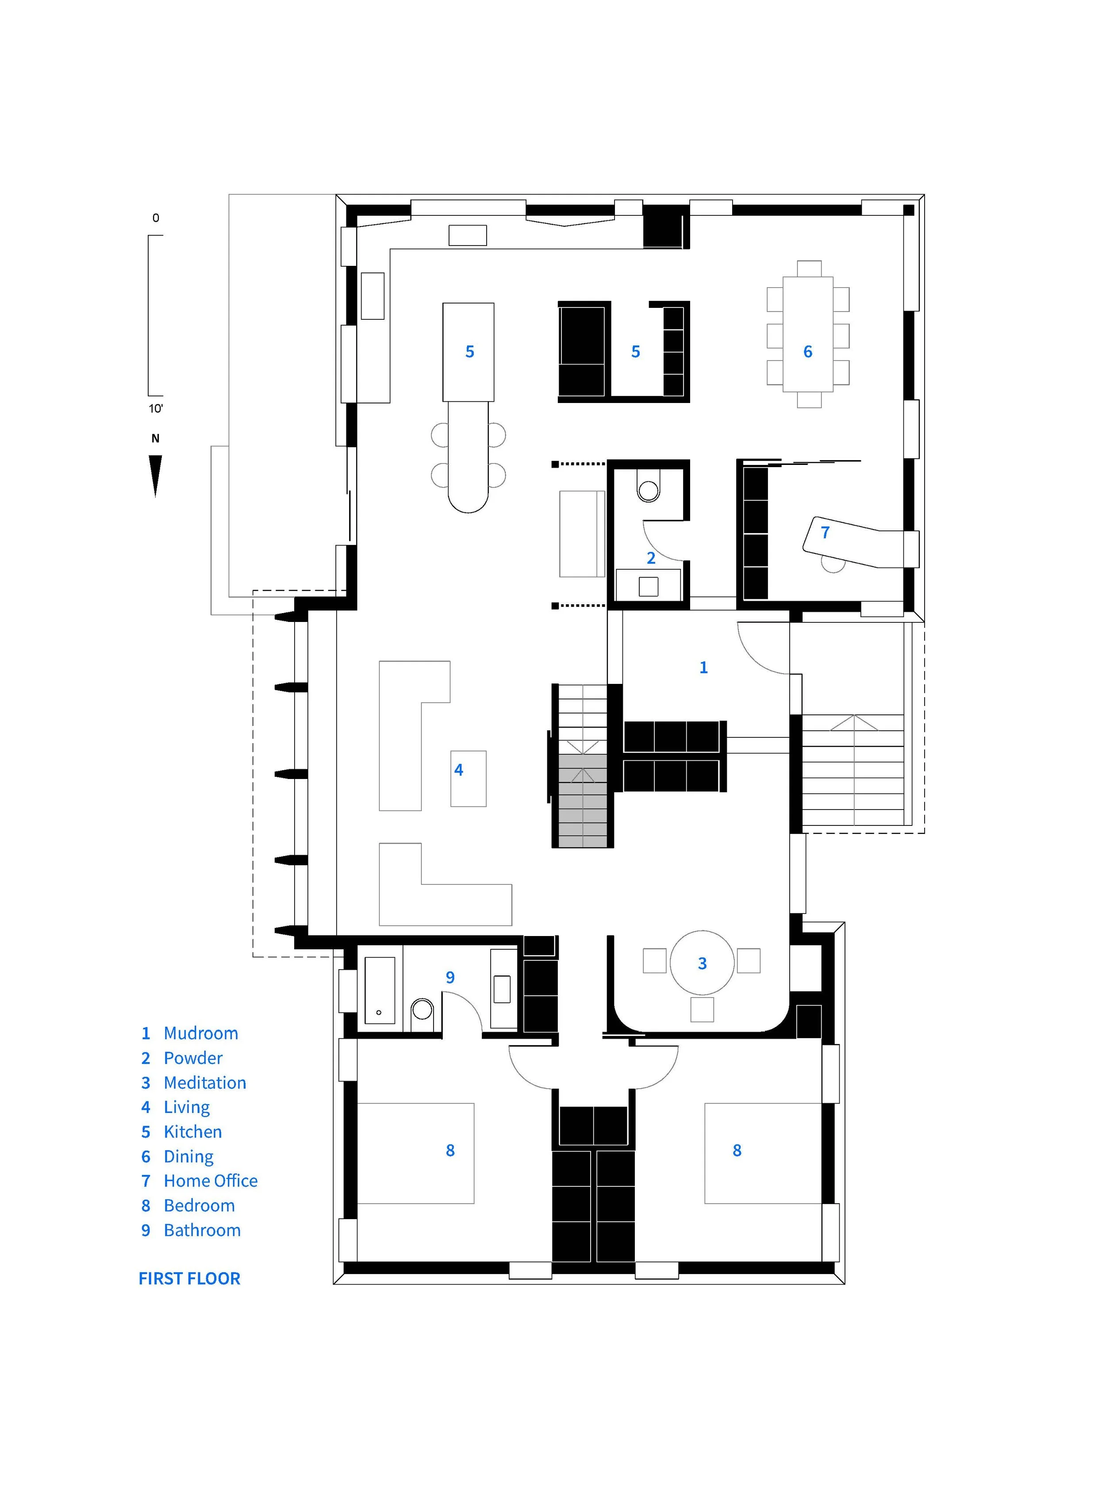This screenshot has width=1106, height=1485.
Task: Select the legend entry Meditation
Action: point(205,1082)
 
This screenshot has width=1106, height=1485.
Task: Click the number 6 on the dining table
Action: point(808,352)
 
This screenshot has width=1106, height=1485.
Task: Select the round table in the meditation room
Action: point(702,963)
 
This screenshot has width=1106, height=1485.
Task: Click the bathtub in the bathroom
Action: point(380,991)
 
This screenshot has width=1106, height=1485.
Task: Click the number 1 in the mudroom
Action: point(703,668)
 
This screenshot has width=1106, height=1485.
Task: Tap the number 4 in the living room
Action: point(459,770)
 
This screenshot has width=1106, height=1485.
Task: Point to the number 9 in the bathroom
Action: point(450,978)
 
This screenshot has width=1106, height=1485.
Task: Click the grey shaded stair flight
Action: point(583,801)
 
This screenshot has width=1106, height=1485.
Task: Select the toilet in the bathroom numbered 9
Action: point(422,1011)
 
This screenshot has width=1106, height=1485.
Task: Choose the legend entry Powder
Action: point(193,1058)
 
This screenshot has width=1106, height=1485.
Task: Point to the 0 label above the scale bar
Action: point(156,218)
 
